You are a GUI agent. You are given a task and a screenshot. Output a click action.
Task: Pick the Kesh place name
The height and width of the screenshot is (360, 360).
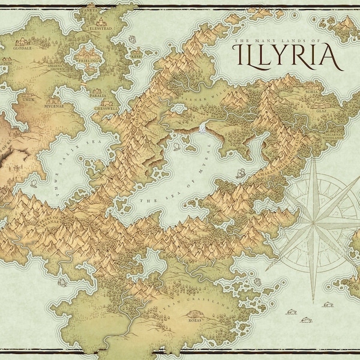pos(137,52)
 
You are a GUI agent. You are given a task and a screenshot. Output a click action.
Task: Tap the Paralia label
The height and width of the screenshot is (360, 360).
pos(98,95)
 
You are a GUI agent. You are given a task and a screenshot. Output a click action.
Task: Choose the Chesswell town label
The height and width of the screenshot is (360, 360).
pos(106,109)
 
